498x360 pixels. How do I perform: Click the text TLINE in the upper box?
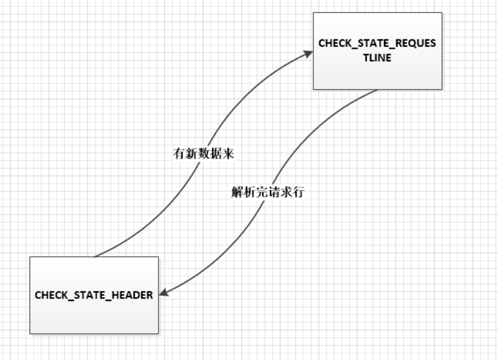pos(377,58)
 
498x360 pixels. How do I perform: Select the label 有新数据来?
pos(203,153)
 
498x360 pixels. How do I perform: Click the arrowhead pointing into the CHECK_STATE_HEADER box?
pos(165,293)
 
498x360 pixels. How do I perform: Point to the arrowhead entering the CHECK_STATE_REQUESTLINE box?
pos(308,54)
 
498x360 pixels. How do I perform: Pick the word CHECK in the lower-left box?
pos(49,295)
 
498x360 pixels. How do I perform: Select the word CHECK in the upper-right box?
pos(333,44)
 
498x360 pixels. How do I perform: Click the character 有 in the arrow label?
pos(179,153)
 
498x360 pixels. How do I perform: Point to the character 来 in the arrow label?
pos(228,153)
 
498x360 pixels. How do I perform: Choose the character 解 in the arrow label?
pos(237,192)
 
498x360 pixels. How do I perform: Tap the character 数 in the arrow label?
pos(203,153)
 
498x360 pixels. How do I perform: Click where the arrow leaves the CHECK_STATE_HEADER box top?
pos(96,256)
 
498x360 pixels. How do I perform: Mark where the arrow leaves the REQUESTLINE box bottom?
pos(377,91)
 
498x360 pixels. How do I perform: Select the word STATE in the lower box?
pos(90,295)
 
